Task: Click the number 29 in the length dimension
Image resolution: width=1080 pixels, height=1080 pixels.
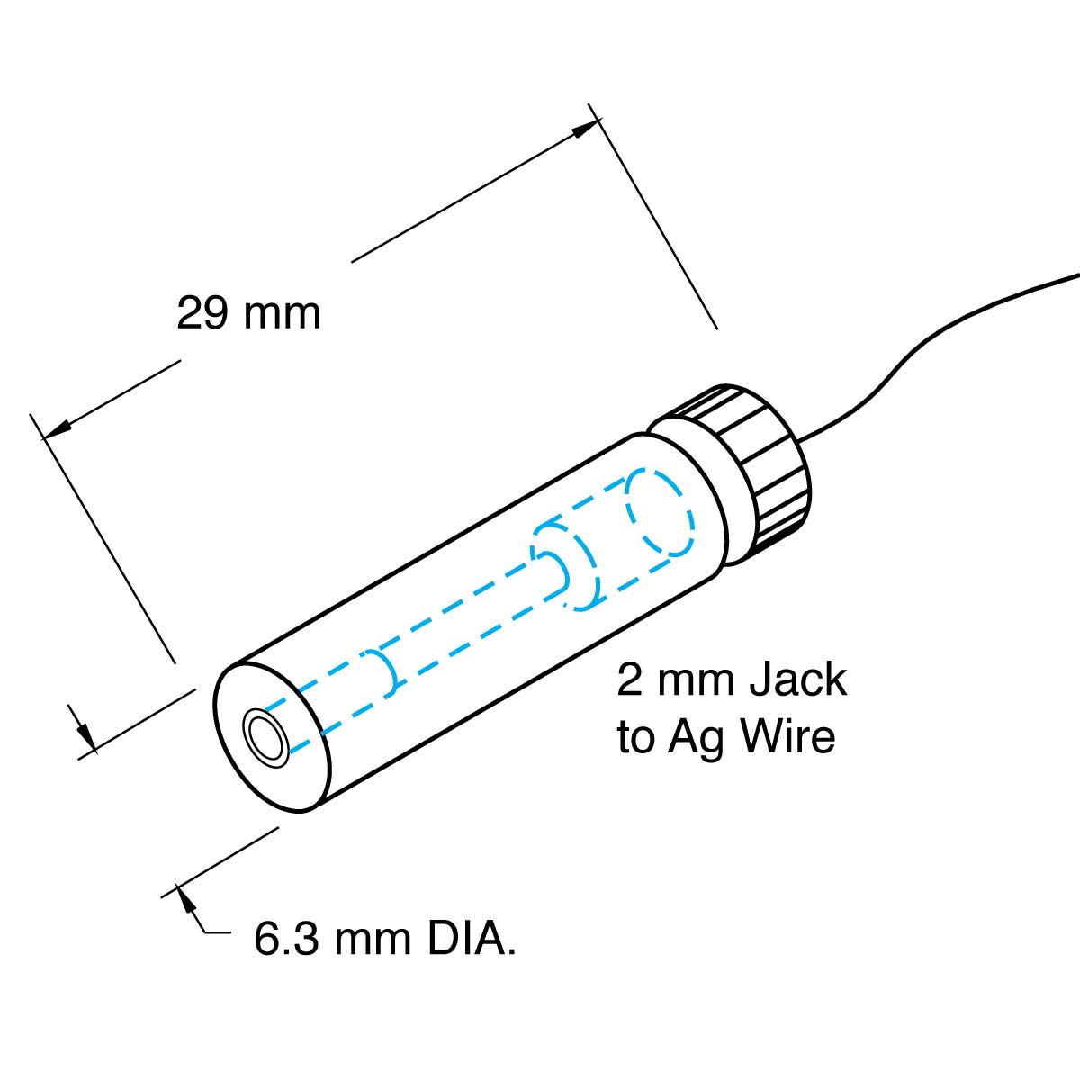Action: click(202, 313)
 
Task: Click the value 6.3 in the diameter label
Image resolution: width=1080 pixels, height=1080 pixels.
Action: click(282, 940)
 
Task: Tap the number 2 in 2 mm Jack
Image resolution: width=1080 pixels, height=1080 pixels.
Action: click(629, 680)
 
